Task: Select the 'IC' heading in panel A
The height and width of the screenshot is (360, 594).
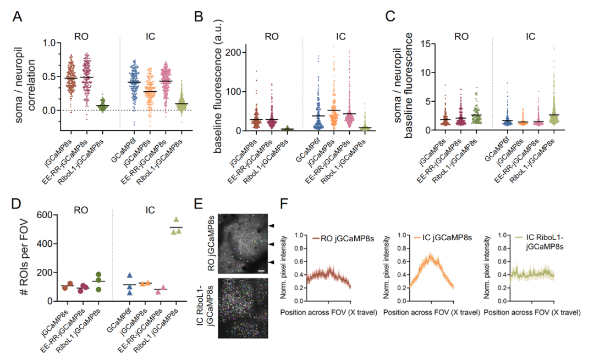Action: [x=150, y=37]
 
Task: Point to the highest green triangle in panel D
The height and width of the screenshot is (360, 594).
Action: [x=175, y=220]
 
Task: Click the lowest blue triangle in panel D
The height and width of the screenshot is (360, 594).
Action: [x=130, y=293]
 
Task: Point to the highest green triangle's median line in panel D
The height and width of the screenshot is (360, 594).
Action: [x=176, y=228]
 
